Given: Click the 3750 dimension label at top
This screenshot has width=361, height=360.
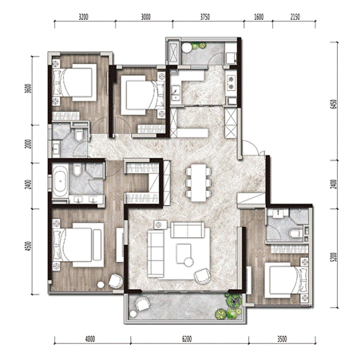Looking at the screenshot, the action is coord(205,17).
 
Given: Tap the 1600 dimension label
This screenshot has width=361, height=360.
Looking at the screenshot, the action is coord(259,17).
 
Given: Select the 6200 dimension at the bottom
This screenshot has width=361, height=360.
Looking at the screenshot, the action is coord(187,339).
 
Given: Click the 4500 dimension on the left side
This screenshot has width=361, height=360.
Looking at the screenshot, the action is coord(29,246).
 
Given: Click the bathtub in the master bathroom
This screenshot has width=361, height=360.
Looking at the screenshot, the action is coord(60,181).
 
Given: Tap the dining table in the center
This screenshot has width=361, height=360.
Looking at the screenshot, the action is coord(199,183).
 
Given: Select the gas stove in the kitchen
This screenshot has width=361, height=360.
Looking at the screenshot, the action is coord(231,82).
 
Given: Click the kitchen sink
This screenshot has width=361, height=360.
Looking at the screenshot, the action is coord(176,93).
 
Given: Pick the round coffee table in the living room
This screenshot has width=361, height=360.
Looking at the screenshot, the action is coord(188,263).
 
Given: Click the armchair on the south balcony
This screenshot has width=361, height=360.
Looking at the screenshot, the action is coord(142,303).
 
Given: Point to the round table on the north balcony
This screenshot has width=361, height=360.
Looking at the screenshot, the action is coord(187,48).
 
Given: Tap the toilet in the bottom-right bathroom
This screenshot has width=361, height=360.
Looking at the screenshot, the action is coord(296,234).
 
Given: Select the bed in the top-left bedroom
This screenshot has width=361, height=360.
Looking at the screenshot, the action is coord(74,82).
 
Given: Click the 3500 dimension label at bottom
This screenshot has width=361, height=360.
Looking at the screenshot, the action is coord(282,339).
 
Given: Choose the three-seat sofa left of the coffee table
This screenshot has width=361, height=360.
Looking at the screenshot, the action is coord(156,253).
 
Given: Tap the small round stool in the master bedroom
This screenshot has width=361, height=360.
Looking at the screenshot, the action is coord(101,285).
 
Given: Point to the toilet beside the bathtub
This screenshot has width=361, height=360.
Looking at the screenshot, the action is coord(77,170).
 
